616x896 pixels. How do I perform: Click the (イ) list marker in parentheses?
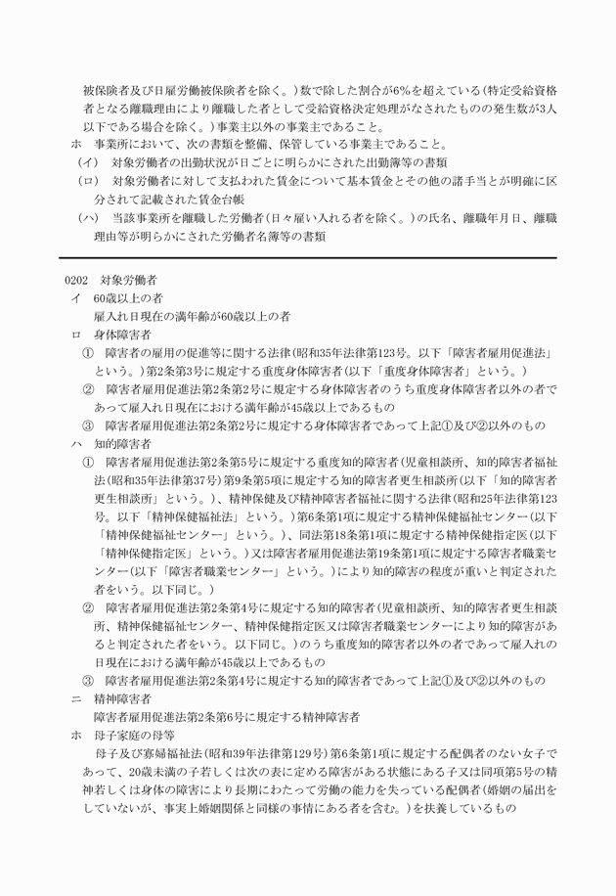88,162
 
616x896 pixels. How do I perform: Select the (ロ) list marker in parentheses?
88,181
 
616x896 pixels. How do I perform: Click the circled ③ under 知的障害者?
88,681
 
